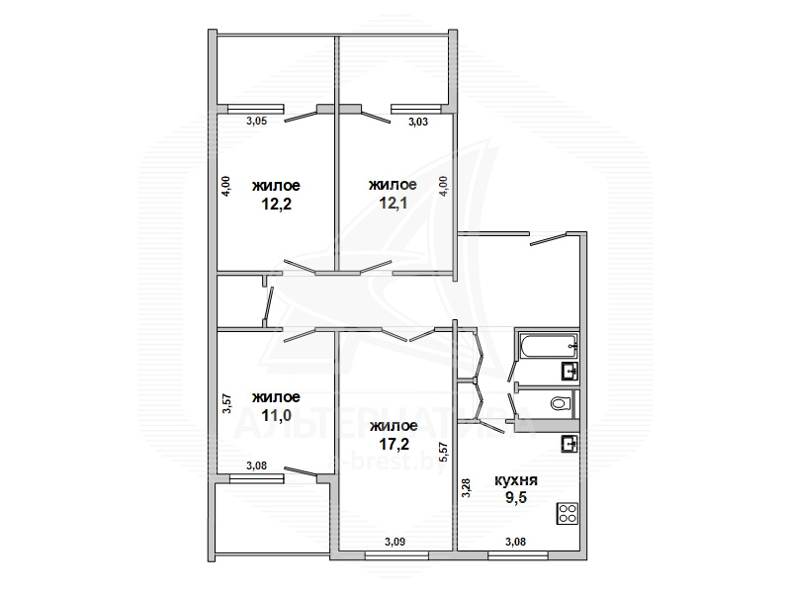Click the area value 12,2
coord(277,204)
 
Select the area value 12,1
coord(393,204)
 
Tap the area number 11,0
coord(277,415)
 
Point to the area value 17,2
coord(394,444)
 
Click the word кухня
coord(515,480)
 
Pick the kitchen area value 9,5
coord(516,498)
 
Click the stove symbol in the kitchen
coord(567,513)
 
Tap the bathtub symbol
coord(549,346)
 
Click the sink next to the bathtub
coord(571,372)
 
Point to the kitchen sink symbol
coord(571,444)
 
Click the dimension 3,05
coord(256,121)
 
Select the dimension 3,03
coord(417,121)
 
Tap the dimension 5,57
coord(444,453)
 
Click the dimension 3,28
coord(466,488)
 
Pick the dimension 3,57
coord(227,403)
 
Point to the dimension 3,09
coord(395,542)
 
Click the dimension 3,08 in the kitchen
coord(515,542)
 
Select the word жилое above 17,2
coord(394,427)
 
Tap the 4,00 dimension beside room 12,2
coord(226,186)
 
